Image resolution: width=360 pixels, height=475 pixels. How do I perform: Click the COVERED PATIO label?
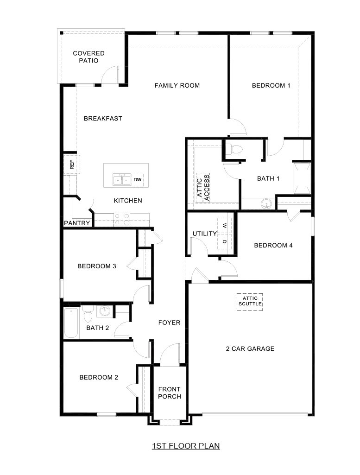click(x=88, y=57)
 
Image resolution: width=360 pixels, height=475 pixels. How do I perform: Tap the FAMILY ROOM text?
click(x=177, y=85)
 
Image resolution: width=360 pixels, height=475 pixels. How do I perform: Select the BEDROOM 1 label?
click(x=271, y=85)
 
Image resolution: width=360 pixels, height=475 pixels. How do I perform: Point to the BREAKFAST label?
click(x=103, y=119)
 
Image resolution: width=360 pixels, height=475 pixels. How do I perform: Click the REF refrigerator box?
click(x=72, y=164)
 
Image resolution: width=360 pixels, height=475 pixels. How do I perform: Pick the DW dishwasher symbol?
click(x=138, y=179)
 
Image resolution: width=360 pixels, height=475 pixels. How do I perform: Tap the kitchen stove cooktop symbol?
click(x=122, y=219)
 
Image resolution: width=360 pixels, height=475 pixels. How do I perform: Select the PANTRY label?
click(x=77, y=223)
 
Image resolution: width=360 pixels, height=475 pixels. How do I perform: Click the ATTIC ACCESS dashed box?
click(x=203, y=188)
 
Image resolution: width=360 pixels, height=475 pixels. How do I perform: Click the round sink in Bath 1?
click(x=265, y=204)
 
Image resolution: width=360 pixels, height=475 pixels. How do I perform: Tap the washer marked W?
click(x=224, y=225)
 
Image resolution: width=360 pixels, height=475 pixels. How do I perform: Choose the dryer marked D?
click(x=224, y=241)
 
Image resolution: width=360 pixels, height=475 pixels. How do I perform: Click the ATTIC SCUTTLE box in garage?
click(x=250, y=301)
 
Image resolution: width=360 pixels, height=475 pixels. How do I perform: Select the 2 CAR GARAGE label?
click(x=250, y=349)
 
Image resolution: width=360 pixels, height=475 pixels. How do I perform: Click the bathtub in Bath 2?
click(x=71, y=323)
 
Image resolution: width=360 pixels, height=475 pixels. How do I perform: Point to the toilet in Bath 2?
click(x=88, y=316)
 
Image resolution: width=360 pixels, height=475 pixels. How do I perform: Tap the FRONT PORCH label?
click(x=170, y=393)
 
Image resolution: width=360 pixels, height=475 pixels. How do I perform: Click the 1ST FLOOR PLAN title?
click(x=186, y=446)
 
